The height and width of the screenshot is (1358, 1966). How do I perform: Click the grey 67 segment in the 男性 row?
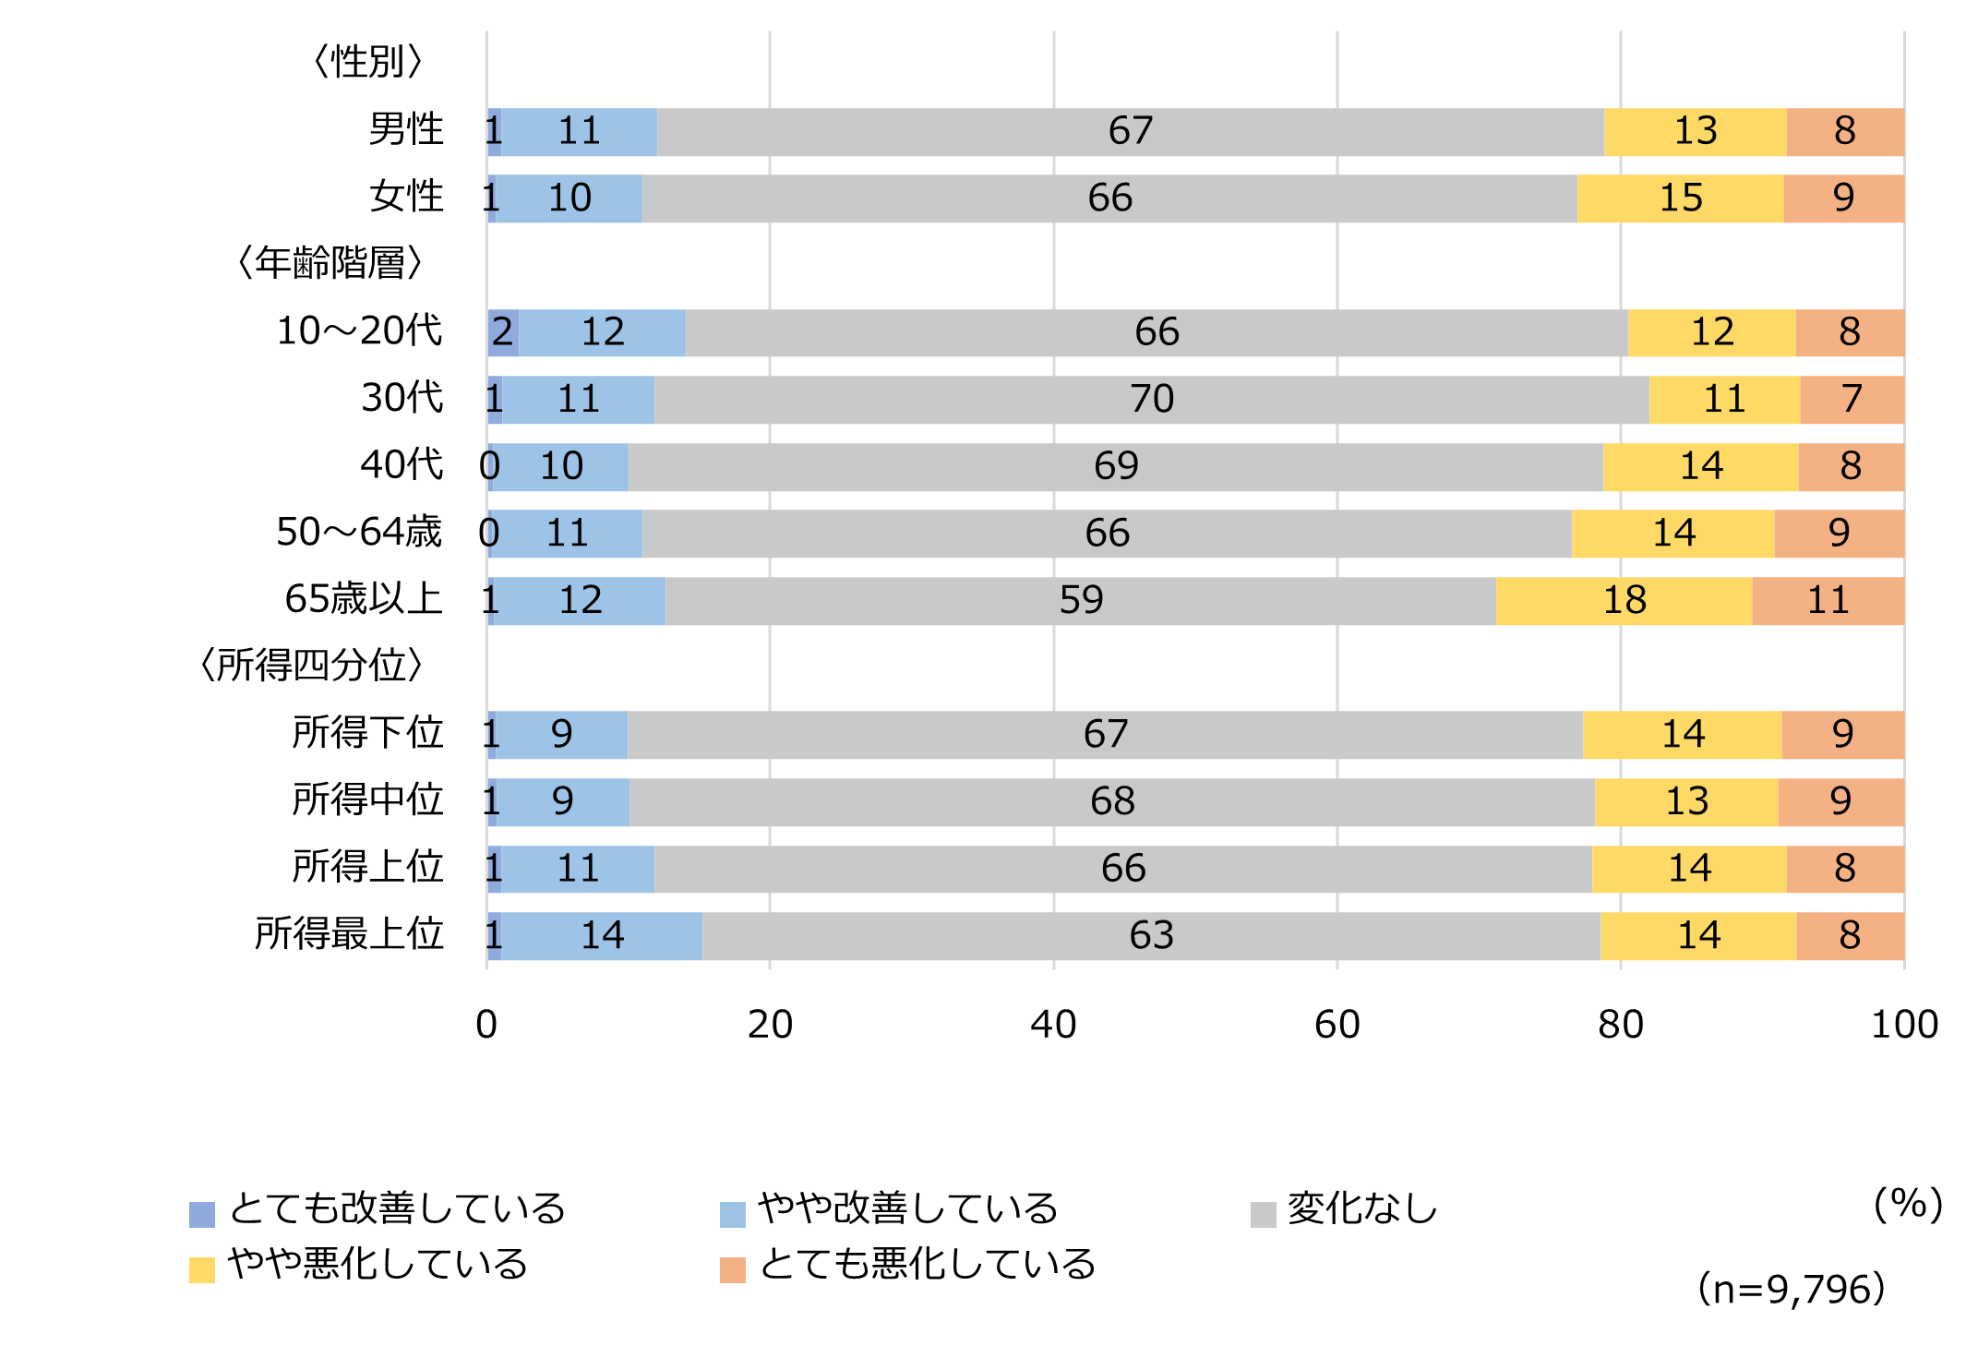click(x=1130, y=131)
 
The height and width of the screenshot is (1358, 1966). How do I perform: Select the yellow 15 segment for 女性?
click(x=1680, y=198)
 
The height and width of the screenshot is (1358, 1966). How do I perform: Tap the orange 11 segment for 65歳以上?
click(x=1828, y=600)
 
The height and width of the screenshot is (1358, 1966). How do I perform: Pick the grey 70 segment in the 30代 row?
click(x=1151, y=399)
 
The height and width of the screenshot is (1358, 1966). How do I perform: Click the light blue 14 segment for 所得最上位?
click(x=602, y=935)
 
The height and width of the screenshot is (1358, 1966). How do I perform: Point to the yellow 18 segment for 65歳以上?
click(x=1624, y=600)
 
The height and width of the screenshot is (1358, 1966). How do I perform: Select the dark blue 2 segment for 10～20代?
click(x=503, y=332)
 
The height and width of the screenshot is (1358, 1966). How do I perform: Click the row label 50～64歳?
click(x=360, y=533)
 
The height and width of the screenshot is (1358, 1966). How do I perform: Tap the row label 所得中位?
click(x=367, y=800)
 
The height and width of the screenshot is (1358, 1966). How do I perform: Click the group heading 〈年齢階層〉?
click(x=330, y=263)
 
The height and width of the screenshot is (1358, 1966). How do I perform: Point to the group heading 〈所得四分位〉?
click(x=311, y=666)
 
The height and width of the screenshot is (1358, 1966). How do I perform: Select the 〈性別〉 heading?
click(x=367, y=62)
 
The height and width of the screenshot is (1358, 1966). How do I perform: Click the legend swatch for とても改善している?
click(x=202, y=1214)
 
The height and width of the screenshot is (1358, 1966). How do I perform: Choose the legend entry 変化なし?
click(x=1361, y=1209)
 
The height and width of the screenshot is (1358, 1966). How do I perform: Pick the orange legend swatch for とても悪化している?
click(x=732, y=1269)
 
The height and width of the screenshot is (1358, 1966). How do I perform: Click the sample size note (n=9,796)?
click(x=1791, y=1289)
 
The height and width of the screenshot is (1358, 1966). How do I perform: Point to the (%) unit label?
click(x=1908, y=1204)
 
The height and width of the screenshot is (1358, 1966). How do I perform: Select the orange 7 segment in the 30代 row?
click(x=1852, y=399)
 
